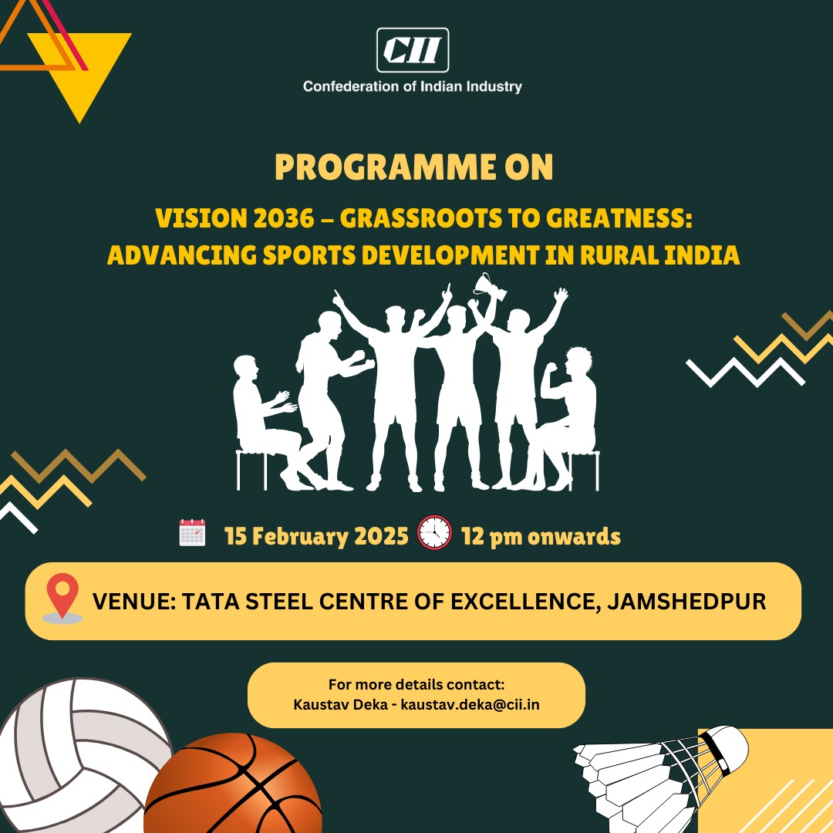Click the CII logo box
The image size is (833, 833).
tap(413, 50)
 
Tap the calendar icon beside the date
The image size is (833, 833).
tap(192, 533)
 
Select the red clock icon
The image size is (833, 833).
tap(434, 532)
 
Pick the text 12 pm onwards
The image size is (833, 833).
tap(541, 536)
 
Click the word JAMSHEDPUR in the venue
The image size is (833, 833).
tap(686, 601)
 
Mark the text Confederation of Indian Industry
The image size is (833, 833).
tap(413, 86)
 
